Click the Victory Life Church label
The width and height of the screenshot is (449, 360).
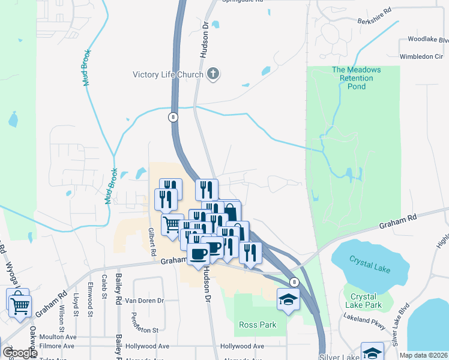[x=167, y=75]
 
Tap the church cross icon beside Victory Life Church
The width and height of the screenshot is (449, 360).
[x=212, y=74]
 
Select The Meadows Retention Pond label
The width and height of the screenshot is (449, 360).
[x=356, y=78]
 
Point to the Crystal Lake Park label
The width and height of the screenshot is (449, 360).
[x=363, y=301]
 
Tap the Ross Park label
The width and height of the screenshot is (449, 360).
[x=258, y=325]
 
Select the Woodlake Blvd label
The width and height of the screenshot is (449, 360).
[x=428, y=39]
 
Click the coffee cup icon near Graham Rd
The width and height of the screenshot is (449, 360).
[x=198, y=253]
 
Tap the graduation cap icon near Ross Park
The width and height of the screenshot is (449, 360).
[x=288, y=299]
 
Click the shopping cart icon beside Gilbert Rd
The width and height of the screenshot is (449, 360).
[x=172, y=224]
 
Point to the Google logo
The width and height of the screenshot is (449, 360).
[x=20, y=353]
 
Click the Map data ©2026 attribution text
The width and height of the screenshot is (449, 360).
[x=423, y=355]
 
